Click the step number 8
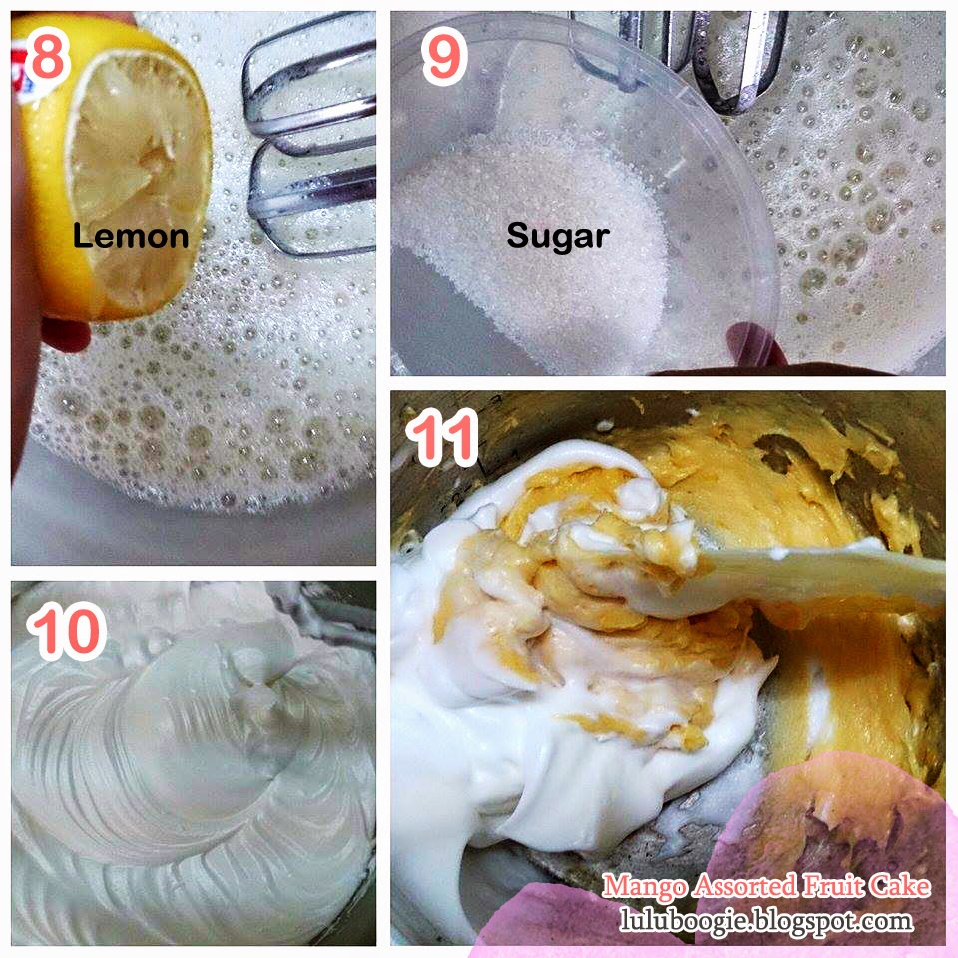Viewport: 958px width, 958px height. point(47,57)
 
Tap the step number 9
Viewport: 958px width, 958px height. point(445,58)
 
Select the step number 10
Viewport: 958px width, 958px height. point(67,630)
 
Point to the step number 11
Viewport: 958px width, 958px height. point(442,437)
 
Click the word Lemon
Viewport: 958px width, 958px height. point(131,236)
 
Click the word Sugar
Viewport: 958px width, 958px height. point(558,237)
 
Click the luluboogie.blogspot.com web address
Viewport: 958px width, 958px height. point(766,920)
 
